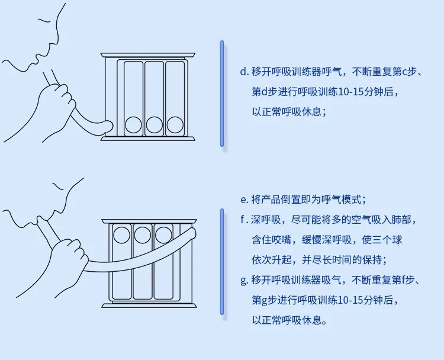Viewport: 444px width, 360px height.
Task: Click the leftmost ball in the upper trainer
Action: (134, 124)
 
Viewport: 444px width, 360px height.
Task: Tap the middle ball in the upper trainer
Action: (155, 124)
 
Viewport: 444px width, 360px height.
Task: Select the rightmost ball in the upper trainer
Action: (175, 124)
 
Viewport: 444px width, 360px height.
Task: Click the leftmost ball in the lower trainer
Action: (122, 234)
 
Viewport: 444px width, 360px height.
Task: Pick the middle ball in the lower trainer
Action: (143, 234)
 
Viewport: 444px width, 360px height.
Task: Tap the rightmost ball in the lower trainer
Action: (163, 234)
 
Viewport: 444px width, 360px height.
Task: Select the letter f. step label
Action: (243, 220)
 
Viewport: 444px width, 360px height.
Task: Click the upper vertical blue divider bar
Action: (222, 93)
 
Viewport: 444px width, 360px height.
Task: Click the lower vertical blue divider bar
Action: (222, 261)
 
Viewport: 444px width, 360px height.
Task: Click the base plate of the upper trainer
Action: (148, 139)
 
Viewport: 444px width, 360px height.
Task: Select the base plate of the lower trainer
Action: (148, 305)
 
